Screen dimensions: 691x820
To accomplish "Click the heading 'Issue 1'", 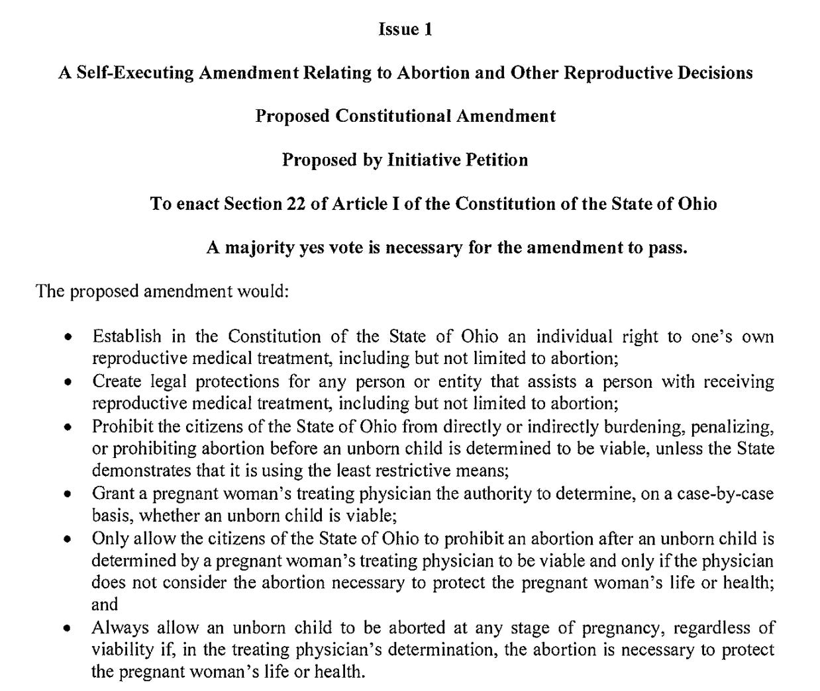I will point(405,29).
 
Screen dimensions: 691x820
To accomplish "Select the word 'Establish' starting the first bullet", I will point(127,336).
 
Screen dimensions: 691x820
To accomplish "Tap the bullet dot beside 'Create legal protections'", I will point(68,383).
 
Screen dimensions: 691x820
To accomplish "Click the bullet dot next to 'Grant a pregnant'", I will point(68,494).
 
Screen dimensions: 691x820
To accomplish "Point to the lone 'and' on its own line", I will point(105,604).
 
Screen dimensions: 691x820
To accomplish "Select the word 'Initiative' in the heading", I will point(425,160).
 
